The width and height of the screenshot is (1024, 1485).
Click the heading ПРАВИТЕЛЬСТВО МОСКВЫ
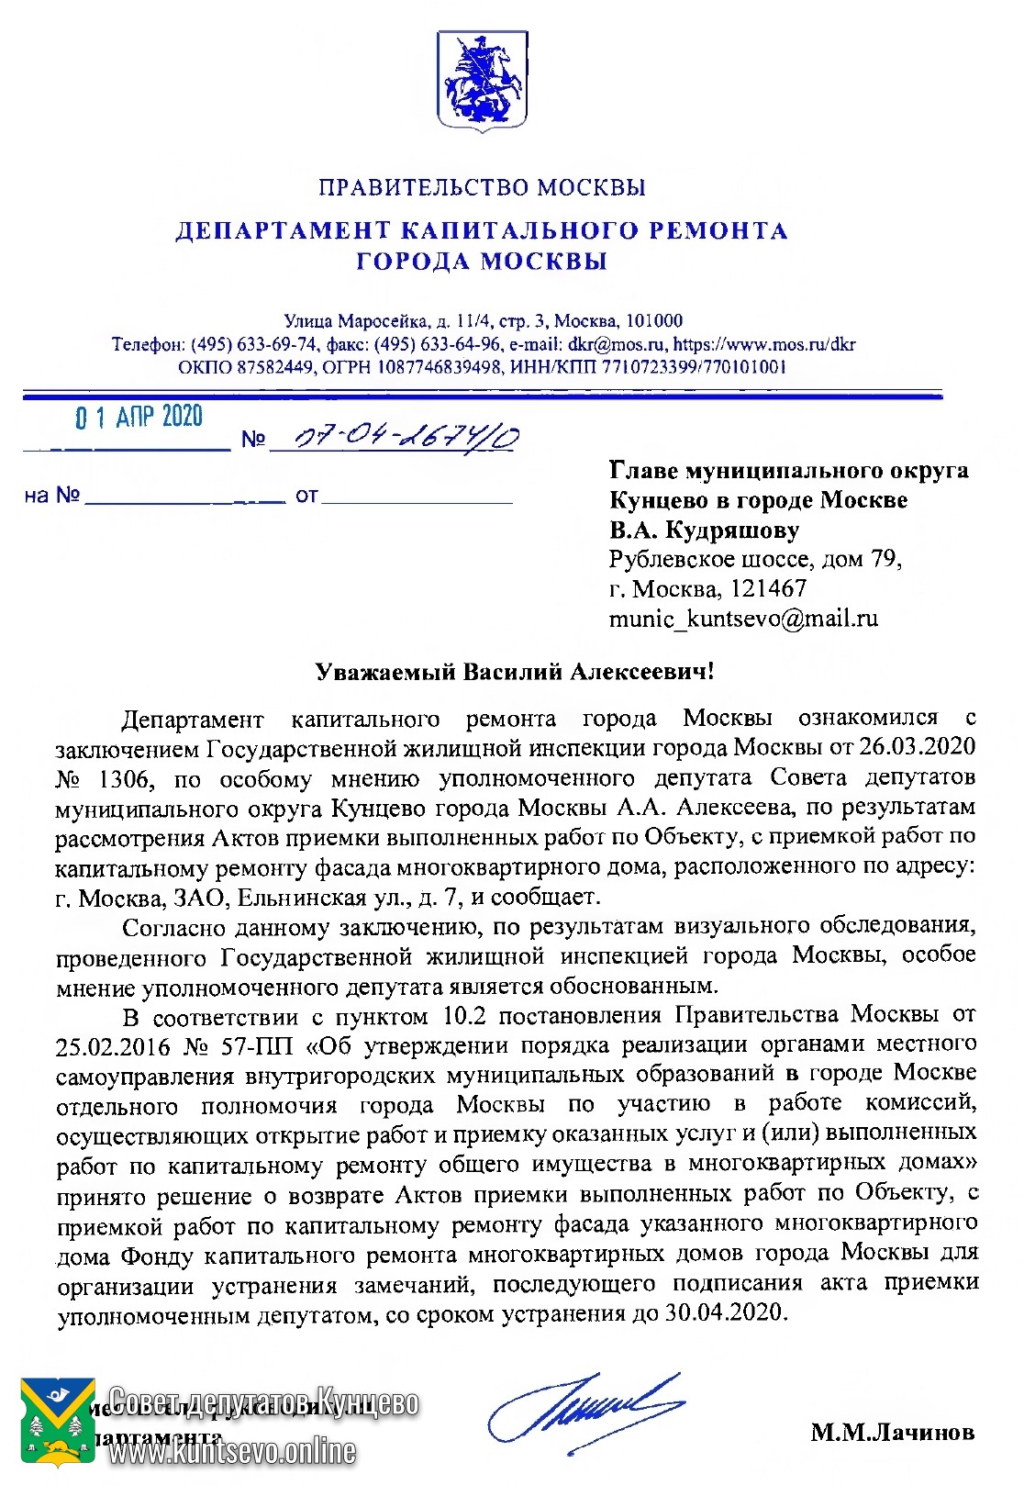click(482, 188)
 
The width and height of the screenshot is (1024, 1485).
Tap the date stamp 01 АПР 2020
click(139, 419)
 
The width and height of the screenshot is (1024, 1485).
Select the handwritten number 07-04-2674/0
click(395, 437)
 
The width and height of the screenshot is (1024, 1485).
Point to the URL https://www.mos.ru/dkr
click(763, 345)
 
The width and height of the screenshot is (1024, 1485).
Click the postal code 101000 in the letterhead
click(653, 321)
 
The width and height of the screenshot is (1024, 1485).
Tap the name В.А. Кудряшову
click(704, 530)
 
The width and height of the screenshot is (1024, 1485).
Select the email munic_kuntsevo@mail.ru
click(743, 619)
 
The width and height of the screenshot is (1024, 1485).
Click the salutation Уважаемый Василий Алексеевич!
click(514, 672)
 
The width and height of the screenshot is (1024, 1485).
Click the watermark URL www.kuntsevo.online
click(231, 1452)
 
